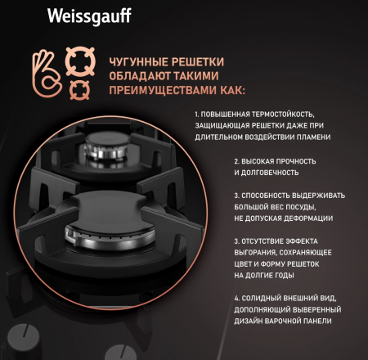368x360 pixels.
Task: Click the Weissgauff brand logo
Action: pos(89,16)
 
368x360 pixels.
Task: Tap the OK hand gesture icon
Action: pos(47,74)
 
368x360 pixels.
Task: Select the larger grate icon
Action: pos(80,61)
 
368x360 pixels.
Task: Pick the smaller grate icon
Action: pos(79,90)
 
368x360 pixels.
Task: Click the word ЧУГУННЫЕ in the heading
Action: pos(138,62)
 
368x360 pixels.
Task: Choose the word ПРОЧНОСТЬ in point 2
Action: pos(296,161)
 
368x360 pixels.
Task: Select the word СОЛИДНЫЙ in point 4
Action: pos(261,298)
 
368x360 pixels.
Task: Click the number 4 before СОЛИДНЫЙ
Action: pos(236,299)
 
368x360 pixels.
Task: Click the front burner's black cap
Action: pos(109,213)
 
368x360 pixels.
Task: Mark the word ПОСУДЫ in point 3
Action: pos(302,207)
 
